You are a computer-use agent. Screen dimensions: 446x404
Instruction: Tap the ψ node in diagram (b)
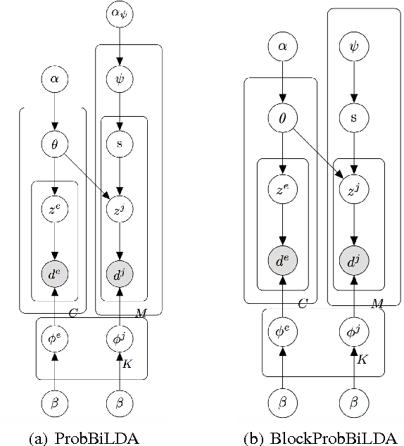tap(353, 48)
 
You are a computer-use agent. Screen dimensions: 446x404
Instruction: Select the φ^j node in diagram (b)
tap(353, 331)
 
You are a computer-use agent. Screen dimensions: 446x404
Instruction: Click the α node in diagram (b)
tap(282, 48)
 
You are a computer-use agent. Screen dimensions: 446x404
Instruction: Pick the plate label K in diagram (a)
tap(127, 364)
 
